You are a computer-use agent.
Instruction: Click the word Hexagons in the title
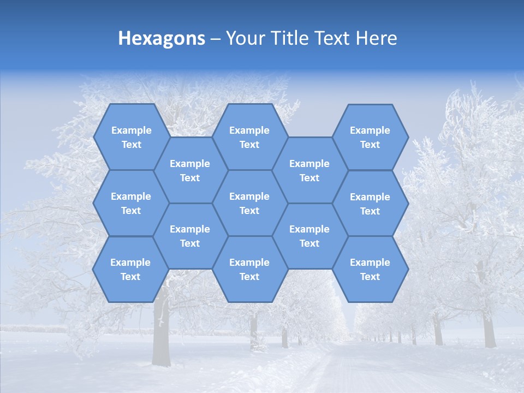pos(162,38)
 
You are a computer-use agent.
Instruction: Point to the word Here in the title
pos(376,38)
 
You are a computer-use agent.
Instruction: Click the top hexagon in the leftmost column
pos(131,137)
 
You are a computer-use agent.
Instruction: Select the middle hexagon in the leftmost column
pos(131,203)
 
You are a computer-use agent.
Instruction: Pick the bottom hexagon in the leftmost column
pos(130,269)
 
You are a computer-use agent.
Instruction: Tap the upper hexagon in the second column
pos(190,170)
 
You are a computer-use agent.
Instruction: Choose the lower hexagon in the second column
pos(190,236)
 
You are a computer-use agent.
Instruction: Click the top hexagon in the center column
pos(249,137)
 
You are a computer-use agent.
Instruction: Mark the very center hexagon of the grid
pos(249,203)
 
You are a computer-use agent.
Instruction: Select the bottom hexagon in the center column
pos(249,269)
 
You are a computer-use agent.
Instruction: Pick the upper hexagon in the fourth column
pos(309,170)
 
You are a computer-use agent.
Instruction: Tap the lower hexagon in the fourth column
pos(309,236)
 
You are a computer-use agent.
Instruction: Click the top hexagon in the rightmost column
pos(370,137)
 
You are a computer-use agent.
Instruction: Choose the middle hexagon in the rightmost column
pos(370,204)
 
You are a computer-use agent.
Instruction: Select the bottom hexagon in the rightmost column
pos(370,269)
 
